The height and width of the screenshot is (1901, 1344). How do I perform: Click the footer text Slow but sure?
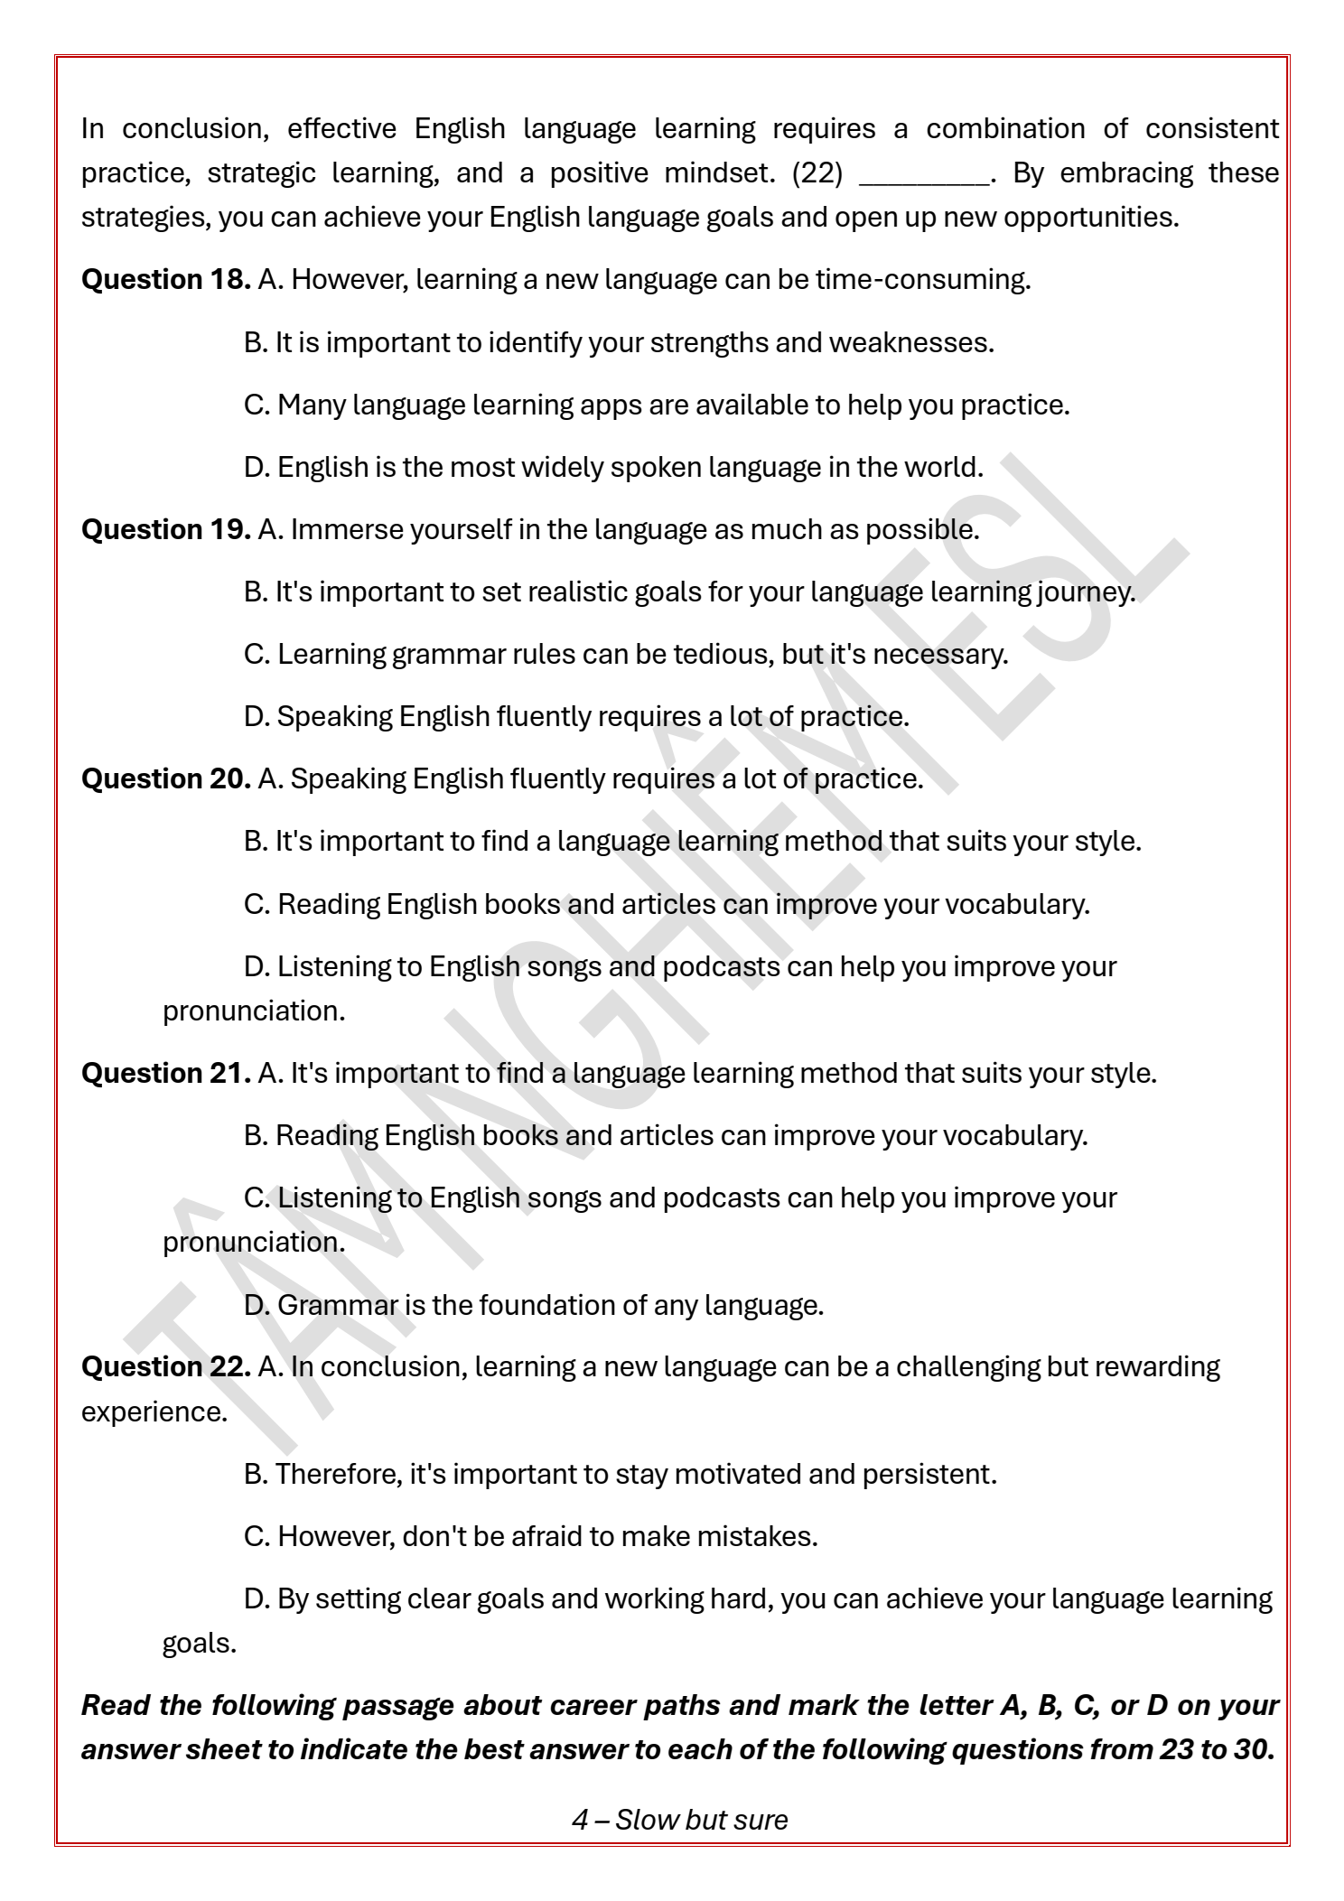pyautogui.click(x=702, y=1820)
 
